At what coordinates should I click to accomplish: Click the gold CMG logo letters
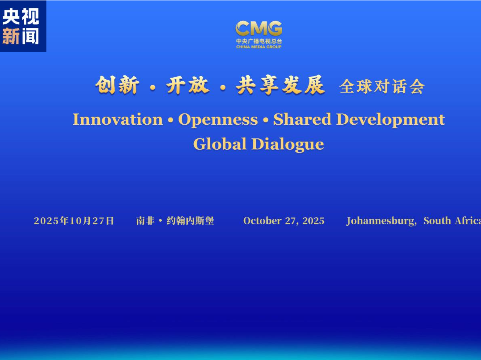pos(259,29)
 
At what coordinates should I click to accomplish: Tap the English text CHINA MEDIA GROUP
pos(259,47)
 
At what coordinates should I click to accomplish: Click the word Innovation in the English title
pos(117,119)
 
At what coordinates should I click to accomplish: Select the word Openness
pos(218,120)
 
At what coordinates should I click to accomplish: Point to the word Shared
pos(302,119)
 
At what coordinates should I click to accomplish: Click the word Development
pos(391,120)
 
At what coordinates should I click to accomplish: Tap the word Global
pos(220,144)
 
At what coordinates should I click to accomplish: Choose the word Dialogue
pos(288,144)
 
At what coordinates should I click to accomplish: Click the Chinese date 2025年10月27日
pos(74,221)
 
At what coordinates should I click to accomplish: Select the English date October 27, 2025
pos(284,221)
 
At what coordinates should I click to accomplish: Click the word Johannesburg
pos(381,221)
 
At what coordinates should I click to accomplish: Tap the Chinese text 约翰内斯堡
pos(190,221)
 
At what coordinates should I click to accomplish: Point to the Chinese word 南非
pos(145,221)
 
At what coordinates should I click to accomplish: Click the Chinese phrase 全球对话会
pos(382,86)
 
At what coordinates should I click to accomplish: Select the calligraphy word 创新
pos(117,85)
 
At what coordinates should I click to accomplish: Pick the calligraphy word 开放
pos(188,85)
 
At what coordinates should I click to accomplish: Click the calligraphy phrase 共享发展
pos(280,85)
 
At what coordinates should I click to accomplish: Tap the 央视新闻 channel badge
pos(23,26)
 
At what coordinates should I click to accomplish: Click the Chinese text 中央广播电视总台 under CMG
pos(259,41)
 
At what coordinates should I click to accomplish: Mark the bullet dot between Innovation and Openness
pos(171,120)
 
